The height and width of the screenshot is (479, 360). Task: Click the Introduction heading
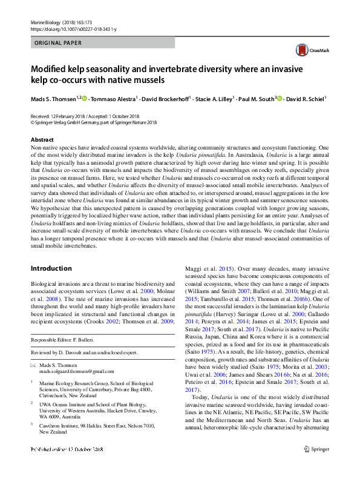(x=51, y=268)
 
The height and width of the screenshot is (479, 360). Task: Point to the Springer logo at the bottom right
(x=316, y=466)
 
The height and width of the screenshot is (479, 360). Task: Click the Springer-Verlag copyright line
(x=94, y=121)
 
